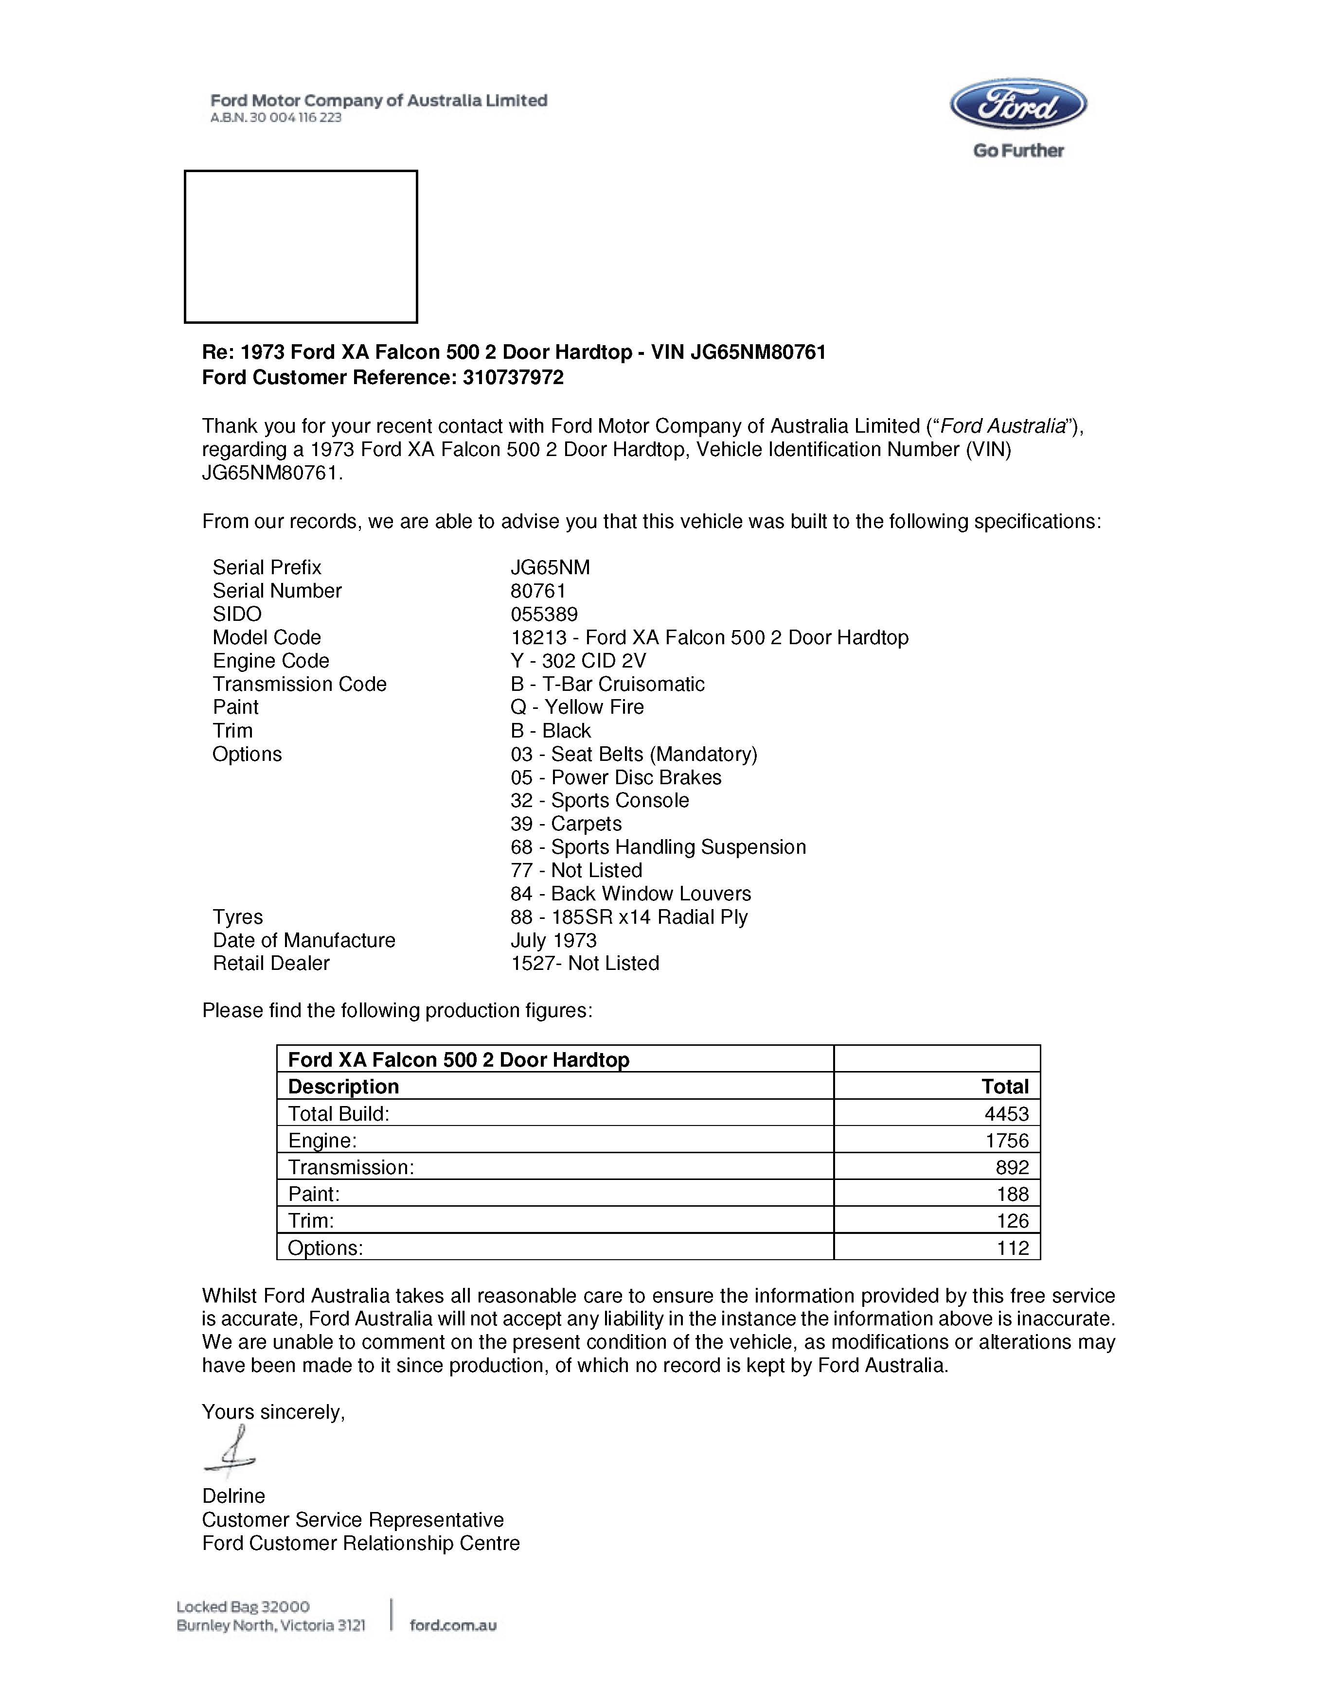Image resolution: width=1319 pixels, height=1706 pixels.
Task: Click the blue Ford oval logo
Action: pos(1017,104)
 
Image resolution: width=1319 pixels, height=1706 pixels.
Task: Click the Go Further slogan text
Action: pos(1018,151)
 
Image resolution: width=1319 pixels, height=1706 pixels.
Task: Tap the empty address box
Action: pos(301,246)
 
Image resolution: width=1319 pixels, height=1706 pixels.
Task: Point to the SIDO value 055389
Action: pos(544,614)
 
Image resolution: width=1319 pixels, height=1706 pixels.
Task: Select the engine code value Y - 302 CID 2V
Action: pos(578,661)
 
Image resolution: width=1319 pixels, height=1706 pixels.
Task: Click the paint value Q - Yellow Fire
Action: pos(577,707)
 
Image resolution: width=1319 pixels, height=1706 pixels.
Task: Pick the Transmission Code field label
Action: pos(299,684)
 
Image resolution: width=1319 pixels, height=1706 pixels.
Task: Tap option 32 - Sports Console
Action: pos(599,801)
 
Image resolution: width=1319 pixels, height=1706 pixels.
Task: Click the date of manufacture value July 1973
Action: pos(553,940)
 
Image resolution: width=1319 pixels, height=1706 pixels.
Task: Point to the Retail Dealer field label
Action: pos(271,963)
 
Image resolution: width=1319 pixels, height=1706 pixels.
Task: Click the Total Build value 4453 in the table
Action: pos(1006,1114)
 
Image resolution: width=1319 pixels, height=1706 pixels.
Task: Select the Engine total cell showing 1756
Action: pos(1006,1141)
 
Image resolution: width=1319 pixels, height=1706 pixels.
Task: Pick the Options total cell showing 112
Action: pos(1012,1248)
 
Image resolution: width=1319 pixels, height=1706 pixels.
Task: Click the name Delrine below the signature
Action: pos(233,1496)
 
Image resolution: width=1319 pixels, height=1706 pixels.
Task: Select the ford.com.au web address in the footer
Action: pos(453,1626)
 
